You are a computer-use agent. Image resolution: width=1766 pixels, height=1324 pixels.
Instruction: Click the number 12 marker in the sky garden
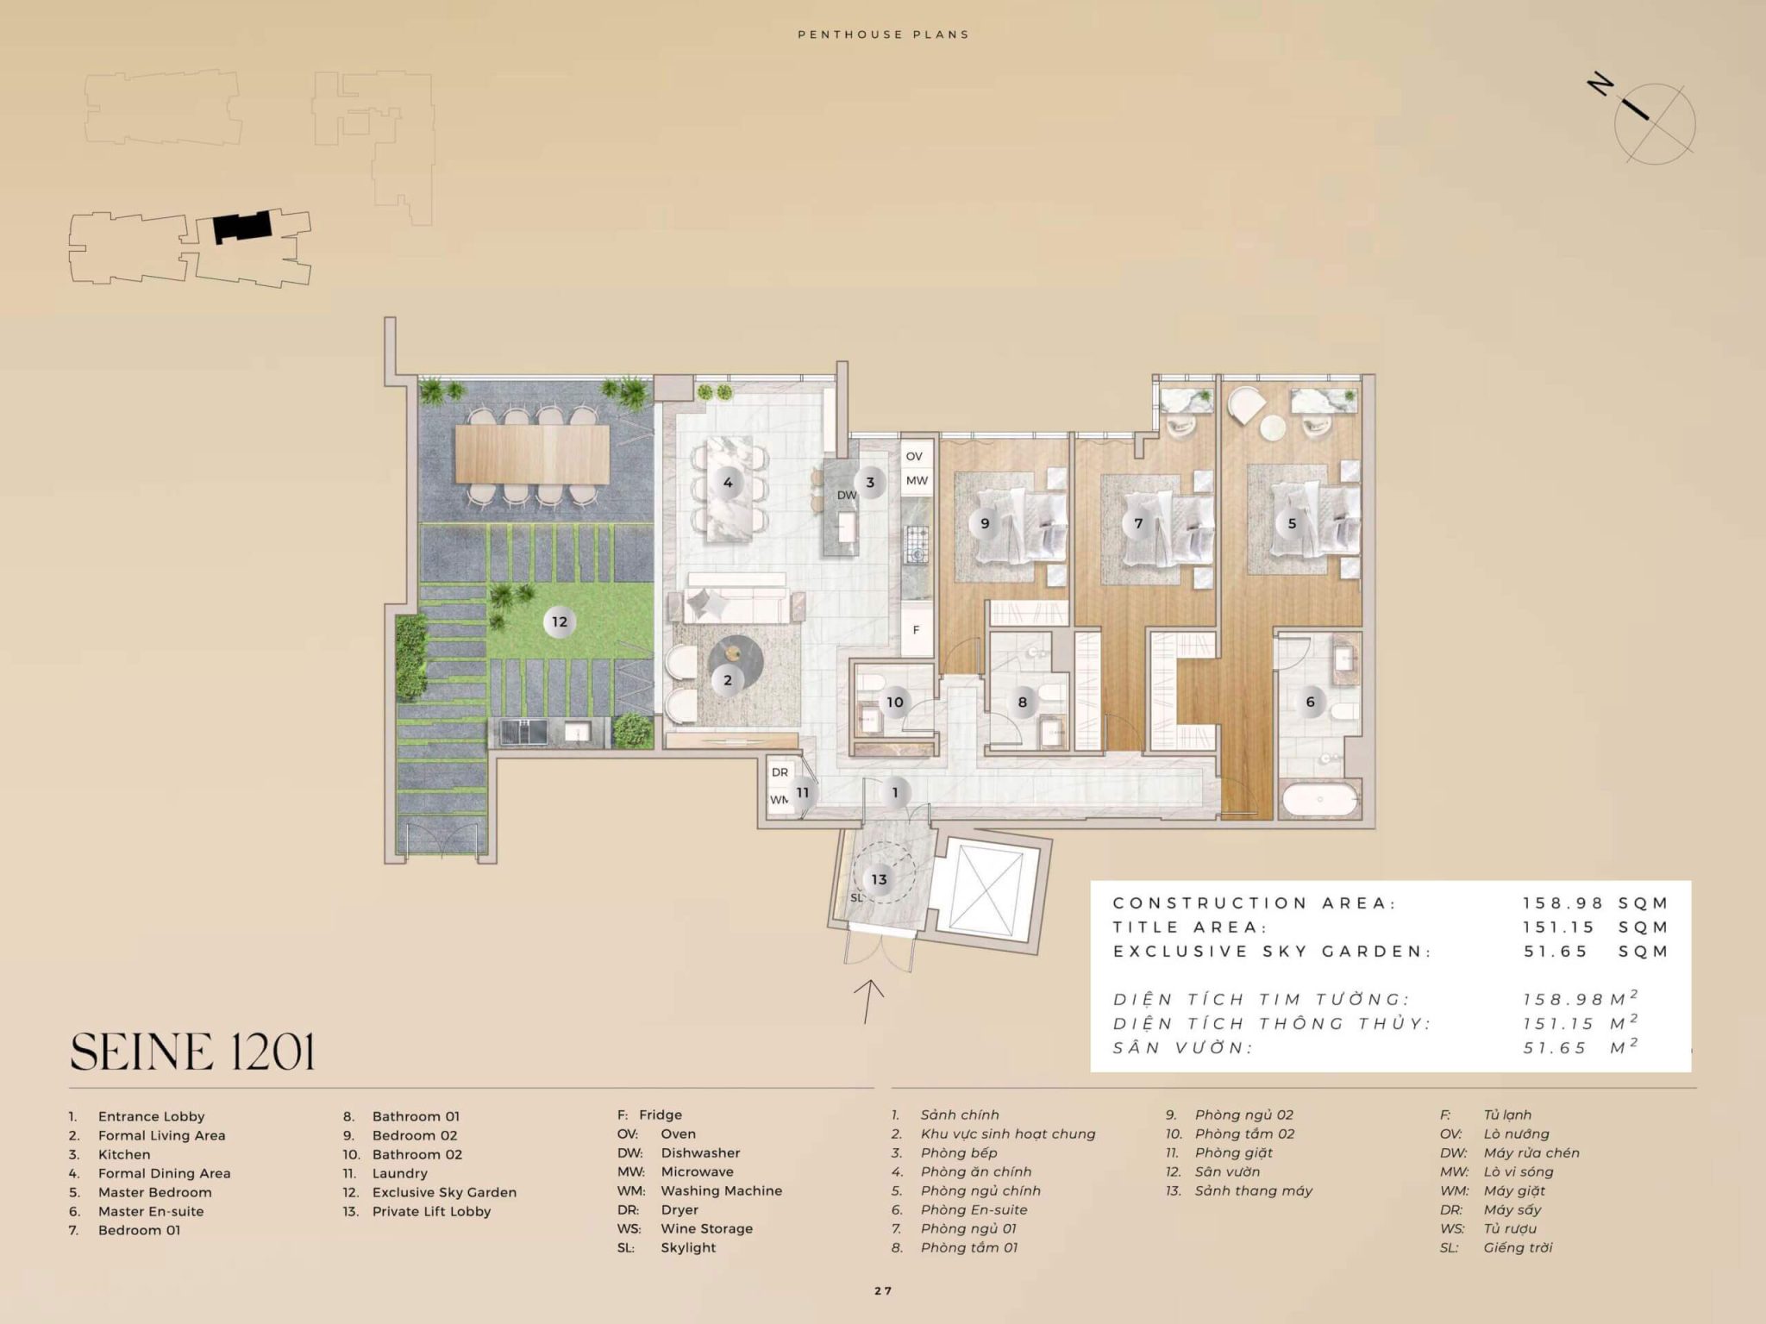point(560,621)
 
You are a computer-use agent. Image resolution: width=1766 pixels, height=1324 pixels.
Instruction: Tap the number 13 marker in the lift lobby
point(879,879)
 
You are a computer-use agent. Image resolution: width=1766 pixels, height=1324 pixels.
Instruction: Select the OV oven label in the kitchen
point(914,456)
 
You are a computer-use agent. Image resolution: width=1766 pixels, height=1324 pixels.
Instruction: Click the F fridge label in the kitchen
point(916,630)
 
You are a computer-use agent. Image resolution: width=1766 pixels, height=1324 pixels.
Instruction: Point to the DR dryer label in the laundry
point(780,772)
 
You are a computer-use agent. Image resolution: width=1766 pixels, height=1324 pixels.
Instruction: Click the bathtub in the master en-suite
point(1319,799)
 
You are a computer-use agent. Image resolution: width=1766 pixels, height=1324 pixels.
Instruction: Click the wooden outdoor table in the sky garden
point(532,453)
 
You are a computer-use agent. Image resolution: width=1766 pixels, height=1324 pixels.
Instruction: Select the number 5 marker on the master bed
point(1292,523)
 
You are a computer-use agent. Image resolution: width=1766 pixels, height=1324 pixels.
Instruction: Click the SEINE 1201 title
point(192,1052)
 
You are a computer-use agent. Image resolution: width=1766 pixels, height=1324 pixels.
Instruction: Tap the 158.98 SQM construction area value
point(1595,903)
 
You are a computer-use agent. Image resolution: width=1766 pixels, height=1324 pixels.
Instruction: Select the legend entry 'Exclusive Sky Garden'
point(444,1192)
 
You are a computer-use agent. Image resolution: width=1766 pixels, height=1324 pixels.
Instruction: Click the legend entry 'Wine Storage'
point(706,1228)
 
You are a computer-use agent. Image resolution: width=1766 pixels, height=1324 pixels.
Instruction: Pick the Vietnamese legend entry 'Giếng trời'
point(1518,1247)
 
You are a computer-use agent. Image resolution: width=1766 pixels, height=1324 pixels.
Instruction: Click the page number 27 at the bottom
point(883,1290)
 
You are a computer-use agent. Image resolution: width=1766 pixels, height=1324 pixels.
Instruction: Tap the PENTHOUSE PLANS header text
point(883,34)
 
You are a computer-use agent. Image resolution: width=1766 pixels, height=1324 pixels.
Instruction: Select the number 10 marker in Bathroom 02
point(895,702)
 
